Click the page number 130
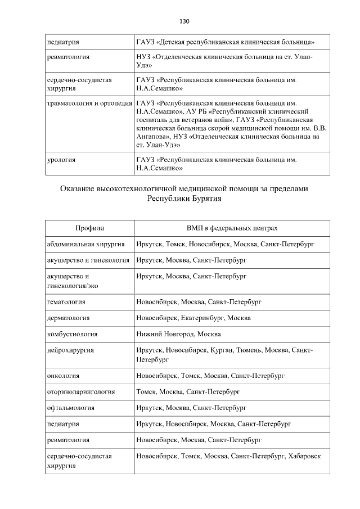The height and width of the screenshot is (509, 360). (x=184, y=21)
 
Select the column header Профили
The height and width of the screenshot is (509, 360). (x=89, y=228)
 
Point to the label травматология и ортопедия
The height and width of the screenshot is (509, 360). (x=89, y=104)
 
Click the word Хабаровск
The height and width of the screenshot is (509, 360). (x=304, y=456)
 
